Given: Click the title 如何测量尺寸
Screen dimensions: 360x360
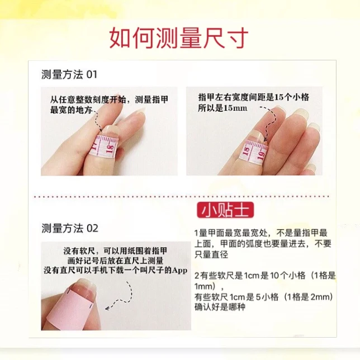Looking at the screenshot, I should [x=179, y=38].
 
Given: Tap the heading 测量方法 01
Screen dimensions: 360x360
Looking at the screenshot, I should [x=69, y=74].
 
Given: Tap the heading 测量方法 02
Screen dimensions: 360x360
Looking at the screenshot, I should [x=69, y=228].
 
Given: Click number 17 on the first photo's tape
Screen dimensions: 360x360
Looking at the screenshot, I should [x=96, y=147].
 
